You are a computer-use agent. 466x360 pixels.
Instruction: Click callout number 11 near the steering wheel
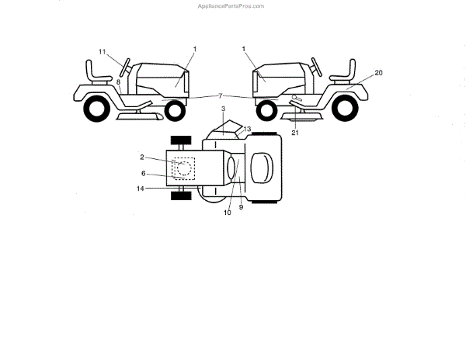102,51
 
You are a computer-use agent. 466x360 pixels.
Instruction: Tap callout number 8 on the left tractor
118,80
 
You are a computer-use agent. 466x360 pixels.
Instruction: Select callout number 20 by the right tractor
378,72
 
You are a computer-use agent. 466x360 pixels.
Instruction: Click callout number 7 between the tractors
220,95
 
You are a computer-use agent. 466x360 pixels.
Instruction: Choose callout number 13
247,128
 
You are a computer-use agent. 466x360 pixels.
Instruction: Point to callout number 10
228,212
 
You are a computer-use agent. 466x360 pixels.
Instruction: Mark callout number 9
241,207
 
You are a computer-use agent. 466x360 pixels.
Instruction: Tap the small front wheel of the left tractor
175,110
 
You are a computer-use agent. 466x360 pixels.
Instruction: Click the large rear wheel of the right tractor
346,109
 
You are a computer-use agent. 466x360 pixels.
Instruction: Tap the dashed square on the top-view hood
183,168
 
